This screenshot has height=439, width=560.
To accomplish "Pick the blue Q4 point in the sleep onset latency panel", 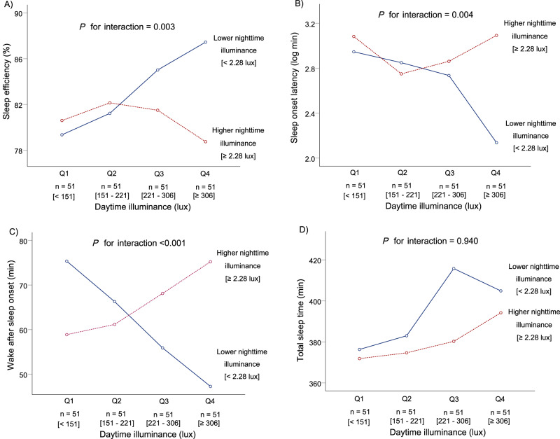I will coord(496,143).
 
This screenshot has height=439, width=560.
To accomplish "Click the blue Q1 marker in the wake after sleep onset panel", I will coord(66,261).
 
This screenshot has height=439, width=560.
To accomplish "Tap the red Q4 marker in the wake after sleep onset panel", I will coord(210,262).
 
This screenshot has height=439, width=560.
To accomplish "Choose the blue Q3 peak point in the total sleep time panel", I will coord(454,268).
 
